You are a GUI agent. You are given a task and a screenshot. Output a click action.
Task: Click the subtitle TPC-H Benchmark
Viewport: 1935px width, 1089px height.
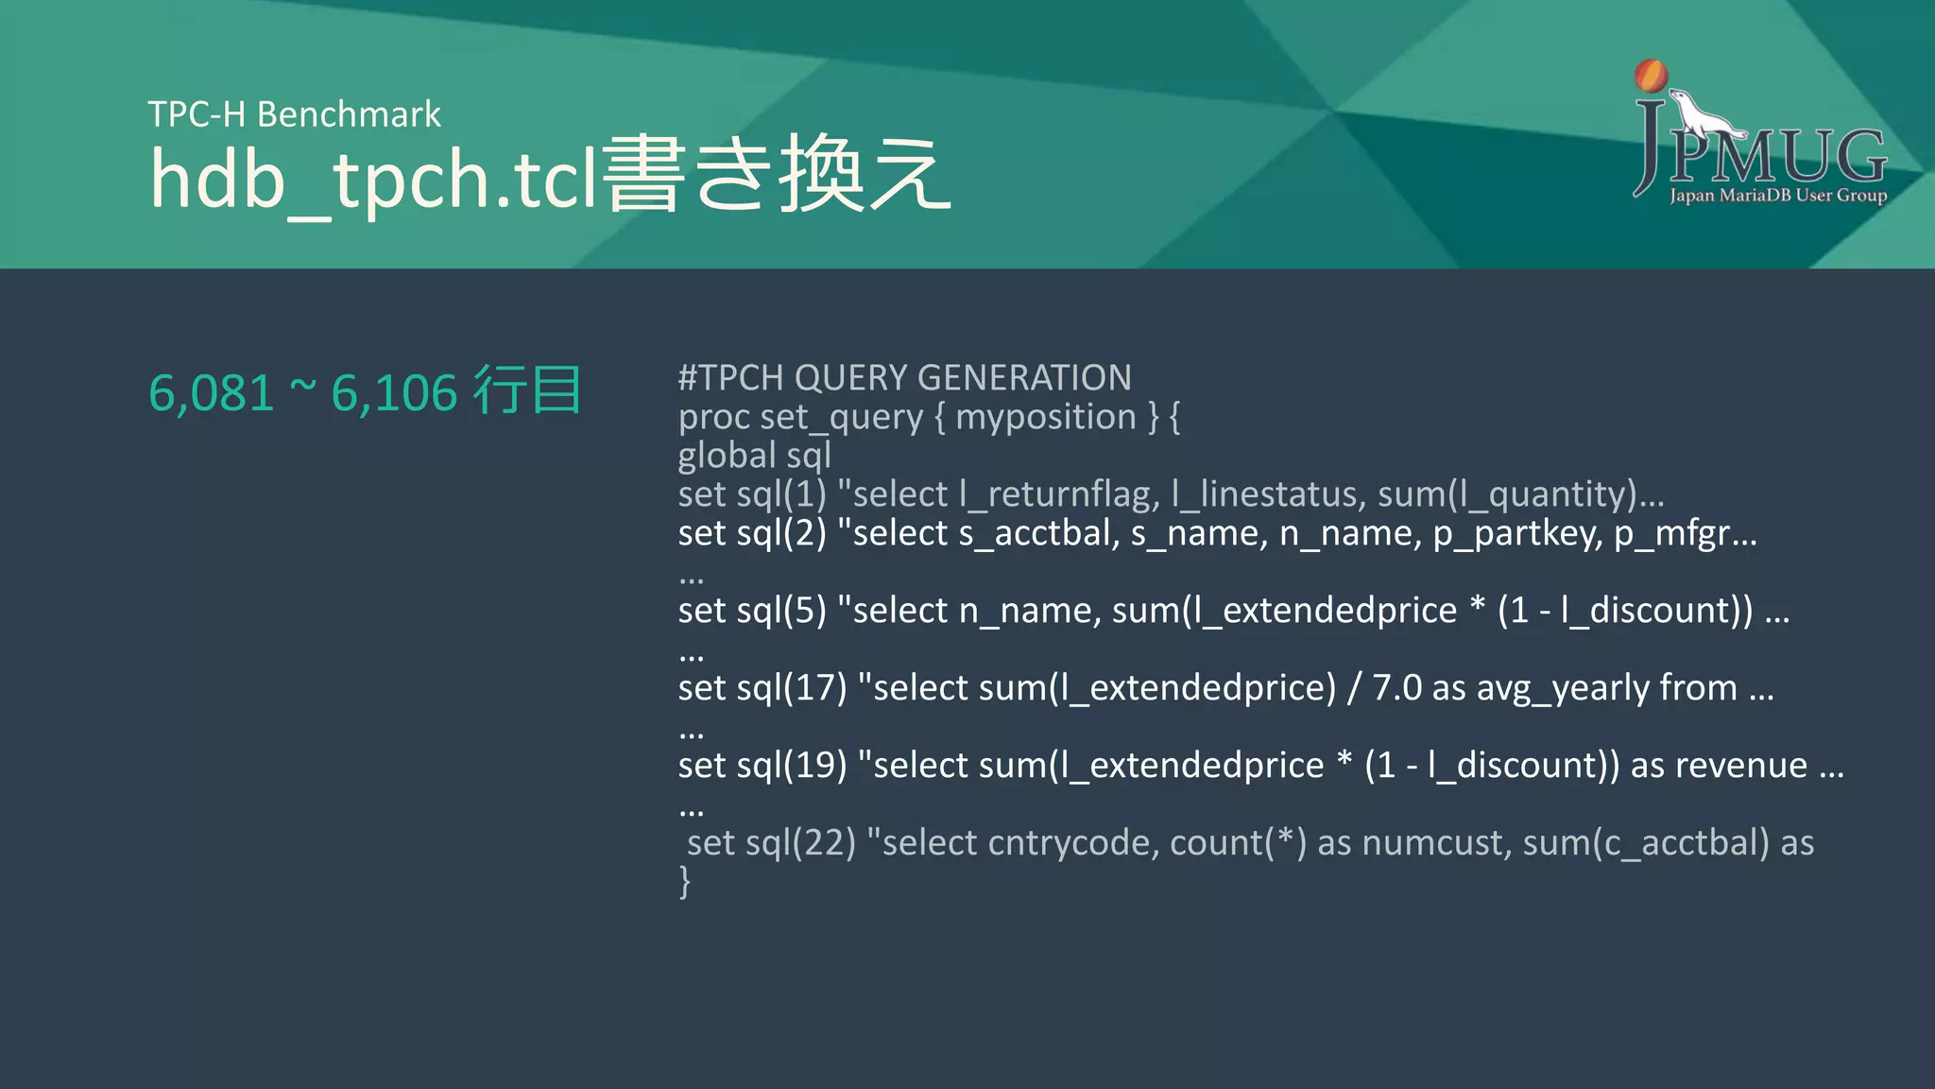(x=294, y=114)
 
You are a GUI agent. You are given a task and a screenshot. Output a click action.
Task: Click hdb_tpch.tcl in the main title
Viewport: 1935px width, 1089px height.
(x=374, y=178)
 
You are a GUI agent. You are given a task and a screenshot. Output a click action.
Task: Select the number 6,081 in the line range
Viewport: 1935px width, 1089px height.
(x=212, y=393)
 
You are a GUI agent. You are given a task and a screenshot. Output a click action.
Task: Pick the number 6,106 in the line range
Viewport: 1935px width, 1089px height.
(x=394, y=393)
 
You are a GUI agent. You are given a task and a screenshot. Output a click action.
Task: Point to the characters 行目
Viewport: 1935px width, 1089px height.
(x=527, y=390)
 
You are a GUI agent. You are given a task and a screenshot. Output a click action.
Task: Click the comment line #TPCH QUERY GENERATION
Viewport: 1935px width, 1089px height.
(x=904, y=378)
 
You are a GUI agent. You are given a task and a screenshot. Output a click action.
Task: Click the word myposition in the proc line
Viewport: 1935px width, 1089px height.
(x=1045, y=417)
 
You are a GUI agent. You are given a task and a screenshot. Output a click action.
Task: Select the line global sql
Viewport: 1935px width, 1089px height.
(x=754, y=456)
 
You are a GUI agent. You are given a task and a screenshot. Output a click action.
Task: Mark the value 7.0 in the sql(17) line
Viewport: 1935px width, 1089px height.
(x=1396, y=688)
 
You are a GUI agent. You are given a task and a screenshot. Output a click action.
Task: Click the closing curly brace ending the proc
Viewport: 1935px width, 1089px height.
(x=685, y=882)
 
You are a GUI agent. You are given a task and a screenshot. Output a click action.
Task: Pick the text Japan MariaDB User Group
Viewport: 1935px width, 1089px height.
(x=1777, y=196)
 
